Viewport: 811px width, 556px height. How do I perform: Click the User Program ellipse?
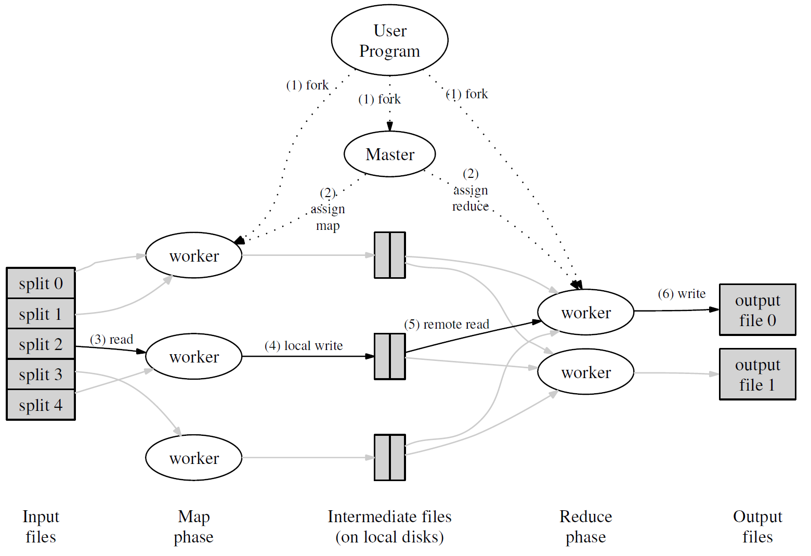[390, 40]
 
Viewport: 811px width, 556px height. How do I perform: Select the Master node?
[390, 154]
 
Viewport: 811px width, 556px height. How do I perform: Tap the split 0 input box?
[41, 283]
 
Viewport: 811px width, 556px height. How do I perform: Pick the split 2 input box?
[41, 344]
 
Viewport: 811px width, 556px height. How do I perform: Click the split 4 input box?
[41, 405]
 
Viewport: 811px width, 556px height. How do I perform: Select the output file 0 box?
[757, 310]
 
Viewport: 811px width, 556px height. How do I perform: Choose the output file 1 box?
[757, 374]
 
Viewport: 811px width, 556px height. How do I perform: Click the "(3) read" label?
[111, 340]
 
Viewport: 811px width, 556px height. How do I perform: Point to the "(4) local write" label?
[304, 346]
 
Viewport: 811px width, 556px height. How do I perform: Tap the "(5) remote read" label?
[447, 325]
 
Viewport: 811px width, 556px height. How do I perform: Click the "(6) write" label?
[682, 294]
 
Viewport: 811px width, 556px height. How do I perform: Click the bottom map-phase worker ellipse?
[194, 458]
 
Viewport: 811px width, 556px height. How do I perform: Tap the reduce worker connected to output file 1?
[586, 372]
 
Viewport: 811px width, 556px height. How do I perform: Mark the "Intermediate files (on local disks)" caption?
[389, 526]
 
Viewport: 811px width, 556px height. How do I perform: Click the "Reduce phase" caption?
[586, 526]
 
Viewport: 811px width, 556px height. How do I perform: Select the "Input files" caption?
[41, 526]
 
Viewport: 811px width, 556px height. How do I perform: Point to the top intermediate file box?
[390, 255]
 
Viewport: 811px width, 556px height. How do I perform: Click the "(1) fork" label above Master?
[380, 99]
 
